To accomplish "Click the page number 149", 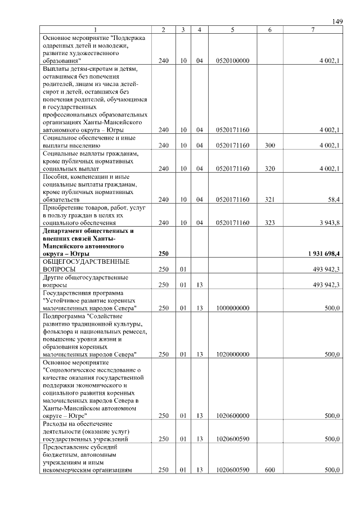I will pyautogui.click(x=337, y=21).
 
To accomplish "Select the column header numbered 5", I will pyautogui.click(x=232, y=30).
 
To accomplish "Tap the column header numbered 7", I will pyautogui.click(x=313, y=30).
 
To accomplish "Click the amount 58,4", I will pyautogui.click(x=333, y=199).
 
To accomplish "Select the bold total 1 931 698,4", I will pyautogui.click(x=322, y=254).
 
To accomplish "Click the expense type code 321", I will pyautogui.click(x=270, y=199).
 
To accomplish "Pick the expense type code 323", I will pyautogui.click(x=270, y=223).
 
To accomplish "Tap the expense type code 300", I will pyautogui.click(x=270, y=146).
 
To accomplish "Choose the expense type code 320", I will pyautogui.click(x=270, y=169).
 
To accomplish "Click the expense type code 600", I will pyautogui.click(x=270, y=470).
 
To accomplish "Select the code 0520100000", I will pyautogui.click(x=232, y=60).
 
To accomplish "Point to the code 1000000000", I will pyautogui.click(x=232, y=308).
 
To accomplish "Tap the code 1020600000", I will pyautogui.click(x=232, y=416).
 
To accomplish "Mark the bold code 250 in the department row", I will pyautogui.click(x=164, y=254).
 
